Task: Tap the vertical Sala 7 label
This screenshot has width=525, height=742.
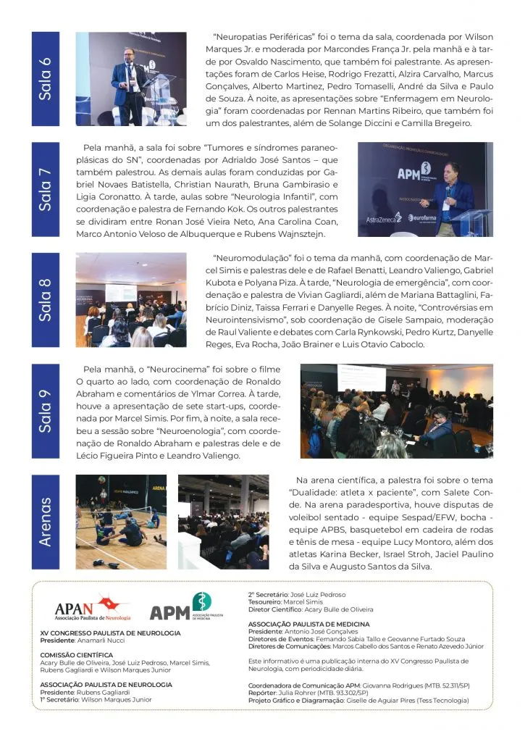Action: point(45,189)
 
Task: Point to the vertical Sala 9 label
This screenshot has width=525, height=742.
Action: point(45,410)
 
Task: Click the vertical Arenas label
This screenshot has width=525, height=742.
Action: point(45,521)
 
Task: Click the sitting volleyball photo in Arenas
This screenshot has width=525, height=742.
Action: point(121,521)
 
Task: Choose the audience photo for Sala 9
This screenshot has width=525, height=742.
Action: point(396,410)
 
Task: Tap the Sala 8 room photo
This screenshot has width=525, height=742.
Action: point(130,299)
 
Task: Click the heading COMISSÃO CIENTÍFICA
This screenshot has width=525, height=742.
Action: point(76,654)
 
